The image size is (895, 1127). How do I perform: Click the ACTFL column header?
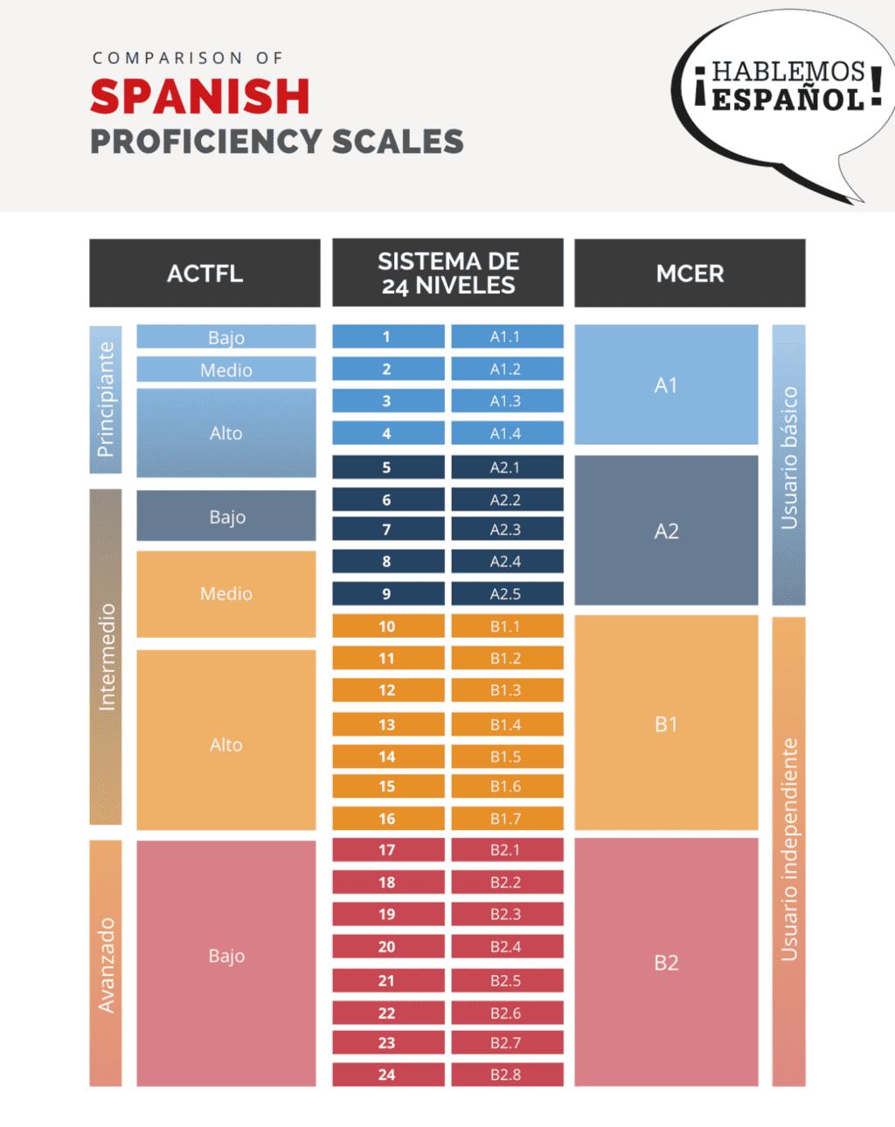[205, 273]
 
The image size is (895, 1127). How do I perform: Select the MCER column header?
[690, 273]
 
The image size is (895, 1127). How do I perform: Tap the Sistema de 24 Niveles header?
[447, 273]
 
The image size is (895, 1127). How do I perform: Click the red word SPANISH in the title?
[200, 96]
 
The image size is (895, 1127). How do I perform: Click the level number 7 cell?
[387, 529]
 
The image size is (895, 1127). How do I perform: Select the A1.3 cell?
[506, 401]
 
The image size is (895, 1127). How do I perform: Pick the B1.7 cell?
[506, 819]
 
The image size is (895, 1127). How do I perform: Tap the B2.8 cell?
[506, 1075]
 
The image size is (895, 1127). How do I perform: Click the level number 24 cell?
[387, 1075]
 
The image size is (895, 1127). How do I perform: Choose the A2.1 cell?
[506, 467]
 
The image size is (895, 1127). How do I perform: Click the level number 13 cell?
[387, 724]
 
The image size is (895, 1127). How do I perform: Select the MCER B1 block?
[666, 723]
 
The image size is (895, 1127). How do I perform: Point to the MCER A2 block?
[666, 530]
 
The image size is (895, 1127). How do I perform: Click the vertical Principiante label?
[106, 399]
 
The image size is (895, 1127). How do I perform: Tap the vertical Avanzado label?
[106, 964]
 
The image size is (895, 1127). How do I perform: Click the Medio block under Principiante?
[225, 370]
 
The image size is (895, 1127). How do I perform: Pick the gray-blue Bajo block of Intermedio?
[225, 516]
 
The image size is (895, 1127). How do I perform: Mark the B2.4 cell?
[506, 946]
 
